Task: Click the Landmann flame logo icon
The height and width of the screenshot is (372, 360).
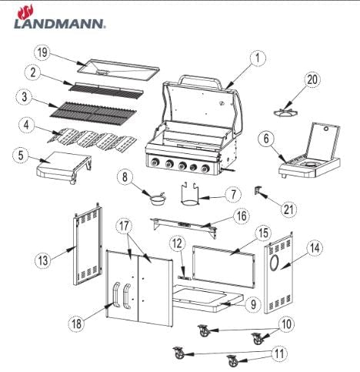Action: click(25, 12)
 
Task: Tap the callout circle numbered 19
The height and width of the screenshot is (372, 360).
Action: click(42, 53)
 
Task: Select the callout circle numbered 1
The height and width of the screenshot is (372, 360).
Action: click(258, 58)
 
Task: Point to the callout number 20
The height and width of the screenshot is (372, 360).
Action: click(312, 79)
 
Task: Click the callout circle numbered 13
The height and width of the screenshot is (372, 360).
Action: click(43, 261)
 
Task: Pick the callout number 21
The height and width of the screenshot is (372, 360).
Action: click(288, 209)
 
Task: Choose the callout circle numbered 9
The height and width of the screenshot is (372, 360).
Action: click(253, 304)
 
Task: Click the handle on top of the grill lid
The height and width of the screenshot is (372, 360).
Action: click(200, 80)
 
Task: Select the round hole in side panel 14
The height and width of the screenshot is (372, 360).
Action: click(274, 263)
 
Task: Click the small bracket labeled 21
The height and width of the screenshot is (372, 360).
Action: click(258, 190)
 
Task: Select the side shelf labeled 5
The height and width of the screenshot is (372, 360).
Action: click(64, 166)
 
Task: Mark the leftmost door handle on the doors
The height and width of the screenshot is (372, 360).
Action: click(116, 294)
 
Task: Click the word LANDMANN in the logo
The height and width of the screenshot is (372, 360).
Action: click(59, 23)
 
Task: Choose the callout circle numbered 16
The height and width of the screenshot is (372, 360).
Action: click(242, 216)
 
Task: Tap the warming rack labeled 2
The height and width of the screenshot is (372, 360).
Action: click(105, 90)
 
